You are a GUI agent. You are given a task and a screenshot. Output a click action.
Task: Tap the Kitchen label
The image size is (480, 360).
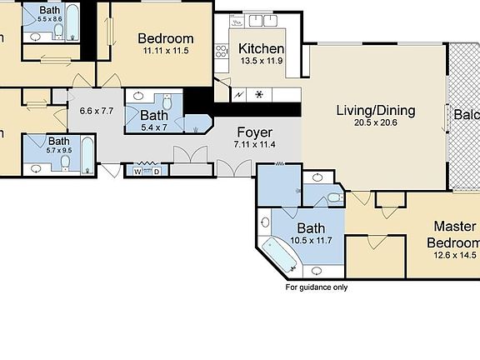point(261,48)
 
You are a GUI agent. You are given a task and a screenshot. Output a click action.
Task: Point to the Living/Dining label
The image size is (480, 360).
point(375,110)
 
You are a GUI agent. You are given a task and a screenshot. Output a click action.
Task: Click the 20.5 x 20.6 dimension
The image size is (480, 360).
point(375,122)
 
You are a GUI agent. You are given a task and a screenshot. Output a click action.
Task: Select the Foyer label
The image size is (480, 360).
point(254,132)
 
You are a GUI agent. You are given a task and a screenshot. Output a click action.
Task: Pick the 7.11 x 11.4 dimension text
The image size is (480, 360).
point(254,144)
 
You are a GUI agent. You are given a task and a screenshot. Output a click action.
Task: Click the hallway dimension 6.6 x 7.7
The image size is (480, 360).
point(96,110)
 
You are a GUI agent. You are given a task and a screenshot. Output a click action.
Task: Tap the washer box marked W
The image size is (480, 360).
point(137,171)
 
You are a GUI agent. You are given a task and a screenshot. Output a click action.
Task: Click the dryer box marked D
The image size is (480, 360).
point(156,171)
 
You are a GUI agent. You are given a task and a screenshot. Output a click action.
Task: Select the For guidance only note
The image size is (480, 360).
point(317,287)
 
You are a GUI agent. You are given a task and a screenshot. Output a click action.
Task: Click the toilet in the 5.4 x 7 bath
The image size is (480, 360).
point(168,103)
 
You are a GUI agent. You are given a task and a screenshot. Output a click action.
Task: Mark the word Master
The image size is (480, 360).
point(454,227)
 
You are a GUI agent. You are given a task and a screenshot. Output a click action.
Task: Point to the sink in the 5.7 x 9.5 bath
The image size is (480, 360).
point(37,167)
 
